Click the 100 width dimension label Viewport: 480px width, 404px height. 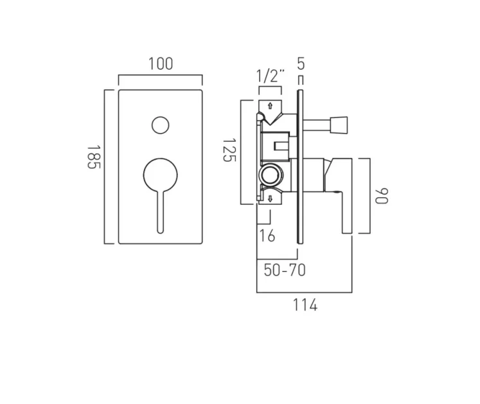click(160, 64)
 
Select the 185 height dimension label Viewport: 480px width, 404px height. click(94, 157)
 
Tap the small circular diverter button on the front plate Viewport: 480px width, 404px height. click(160, 125)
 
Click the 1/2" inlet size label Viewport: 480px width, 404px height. click(270, 76)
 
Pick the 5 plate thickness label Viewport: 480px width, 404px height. click(300, 63)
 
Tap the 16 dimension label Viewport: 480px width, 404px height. click(267, 236)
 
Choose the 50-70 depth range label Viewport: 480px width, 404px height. click(285, 270)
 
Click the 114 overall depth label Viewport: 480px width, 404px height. click(305, 306)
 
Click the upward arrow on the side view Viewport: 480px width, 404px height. click(270, 105)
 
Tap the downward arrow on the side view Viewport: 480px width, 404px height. click(270, 198)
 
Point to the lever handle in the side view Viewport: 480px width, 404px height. click(339, 193)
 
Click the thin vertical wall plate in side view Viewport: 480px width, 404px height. click(300, 167)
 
